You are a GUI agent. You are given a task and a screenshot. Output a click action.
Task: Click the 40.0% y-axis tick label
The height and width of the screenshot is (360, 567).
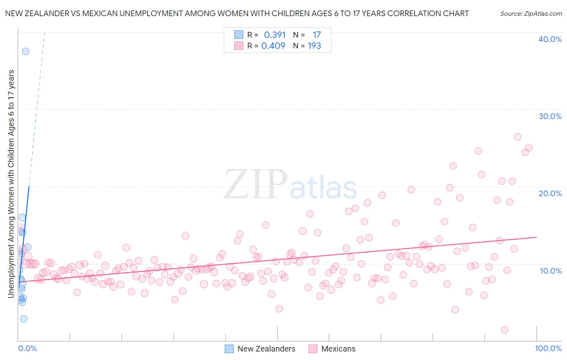(x=550, y=39)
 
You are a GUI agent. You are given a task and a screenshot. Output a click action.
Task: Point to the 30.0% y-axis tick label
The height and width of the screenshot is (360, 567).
(x=550, y=116)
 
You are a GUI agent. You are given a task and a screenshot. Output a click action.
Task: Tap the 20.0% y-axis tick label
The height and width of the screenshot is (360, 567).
(x=550, y=193)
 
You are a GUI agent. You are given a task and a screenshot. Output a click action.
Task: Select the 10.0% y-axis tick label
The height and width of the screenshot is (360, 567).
(x=551, y=271)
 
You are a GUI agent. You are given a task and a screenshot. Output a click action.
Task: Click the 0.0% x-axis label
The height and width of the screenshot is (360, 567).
(x=27, y=348)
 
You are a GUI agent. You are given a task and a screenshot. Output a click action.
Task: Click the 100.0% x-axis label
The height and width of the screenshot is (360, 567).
(x=548, y=348)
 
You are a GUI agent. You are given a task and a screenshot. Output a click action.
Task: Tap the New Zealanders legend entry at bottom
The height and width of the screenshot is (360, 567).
(x=266, y=349)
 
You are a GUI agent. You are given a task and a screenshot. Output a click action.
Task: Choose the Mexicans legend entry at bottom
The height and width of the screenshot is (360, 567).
(x=338, y=349)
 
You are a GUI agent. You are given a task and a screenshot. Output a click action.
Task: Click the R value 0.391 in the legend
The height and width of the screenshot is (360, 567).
(x=275, y=35)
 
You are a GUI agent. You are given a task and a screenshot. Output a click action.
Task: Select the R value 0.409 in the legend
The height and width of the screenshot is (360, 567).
(x=273, y=46)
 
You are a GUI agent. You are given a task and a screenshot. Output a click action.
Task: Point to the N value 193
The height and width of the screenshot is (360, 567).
(x=314, y=46)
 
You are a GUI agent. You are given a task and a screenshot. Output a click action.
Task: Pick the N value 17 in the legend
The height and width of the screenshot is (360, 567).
(x=317, y=35)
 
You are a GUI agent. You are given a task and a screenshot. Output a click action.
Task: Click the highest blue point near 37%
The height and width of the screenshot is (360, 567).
(x=25, y=51)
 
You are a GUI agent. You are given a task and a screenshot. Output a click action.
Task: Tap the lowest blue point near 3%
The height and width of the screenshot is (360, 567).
(x=23, y=319)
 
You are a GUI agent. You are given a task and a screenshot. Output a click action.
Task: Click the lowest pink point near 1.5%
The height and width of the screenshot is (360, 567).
(x=504, y=330)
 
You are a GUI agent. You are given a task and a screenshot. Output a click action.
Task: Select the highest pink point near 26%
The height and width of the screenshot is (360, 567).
(x=517, y=137)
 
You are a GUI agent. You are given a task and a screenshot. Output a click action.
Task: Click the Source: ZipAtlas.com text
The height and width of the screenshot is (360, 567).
(x=531, y=14)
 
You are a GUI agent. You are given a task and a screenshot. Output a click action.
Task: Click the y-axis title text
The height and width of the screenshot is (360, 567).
(x=11, y=184)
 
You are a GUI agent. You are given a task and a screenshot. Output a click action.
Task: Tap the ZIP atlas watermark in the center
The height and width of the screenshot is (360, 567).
(x=290, y=185)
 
